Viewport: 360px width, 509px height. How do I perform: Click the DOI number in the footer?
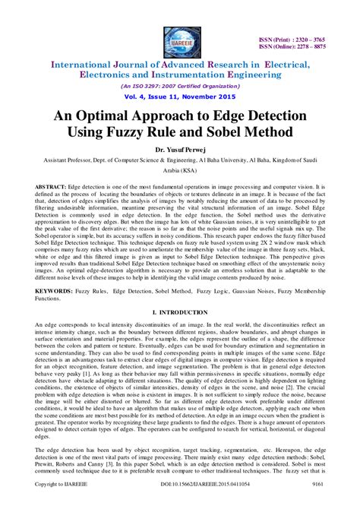(x=180, y=502)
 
